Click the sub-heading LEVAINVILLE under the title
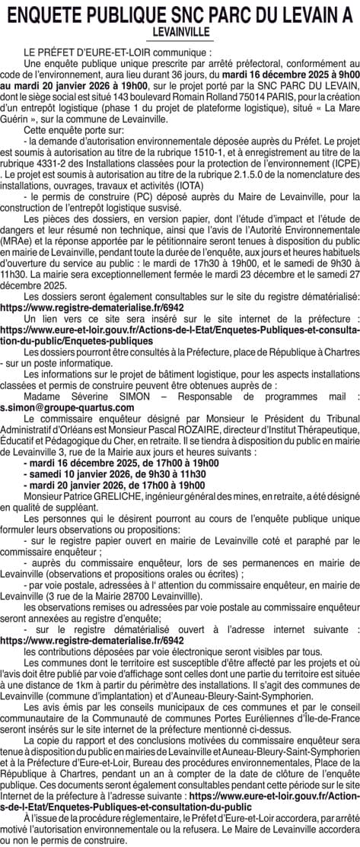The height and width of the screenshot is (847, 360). [180, 33]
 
